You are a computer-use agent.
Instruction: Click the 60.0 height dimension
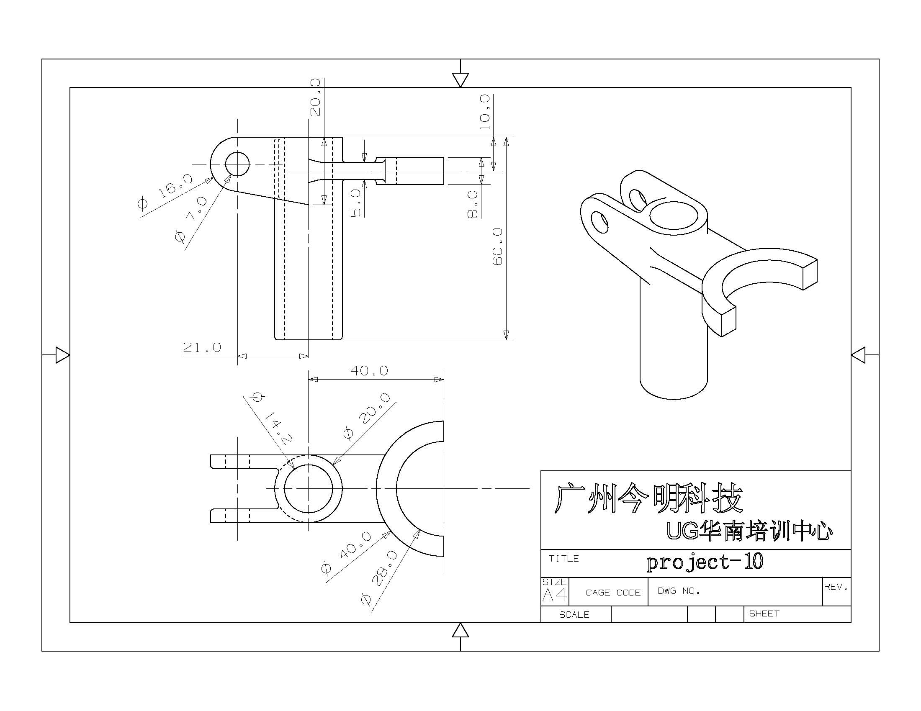498,246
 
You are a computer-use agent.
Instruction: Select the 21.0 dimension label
202,347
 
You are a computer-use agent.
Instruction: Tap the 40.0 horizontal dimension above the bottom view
369,370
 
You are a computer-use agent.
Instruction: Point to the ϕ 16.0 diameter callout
165,191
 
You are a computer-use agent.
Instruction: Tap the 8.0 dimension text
473,204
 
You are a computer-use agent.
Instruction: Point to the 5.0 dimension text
356,203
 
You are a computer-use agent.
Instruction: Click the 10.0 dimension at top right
485,112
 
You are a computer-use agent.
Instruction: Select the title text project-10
705,562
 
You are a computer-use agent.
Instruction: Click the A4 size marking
554,595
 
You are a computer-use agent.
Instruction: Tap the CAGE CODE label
613,593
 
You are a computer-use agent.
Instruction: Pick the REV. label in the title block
836,587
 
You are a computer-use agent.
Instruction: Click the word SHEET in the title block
764,613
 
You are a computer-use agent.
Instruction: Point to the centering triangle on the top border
460,79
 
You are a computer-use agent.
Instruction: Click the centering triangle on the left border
62,355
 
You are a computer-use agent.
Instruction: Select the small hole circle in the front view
237,164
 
